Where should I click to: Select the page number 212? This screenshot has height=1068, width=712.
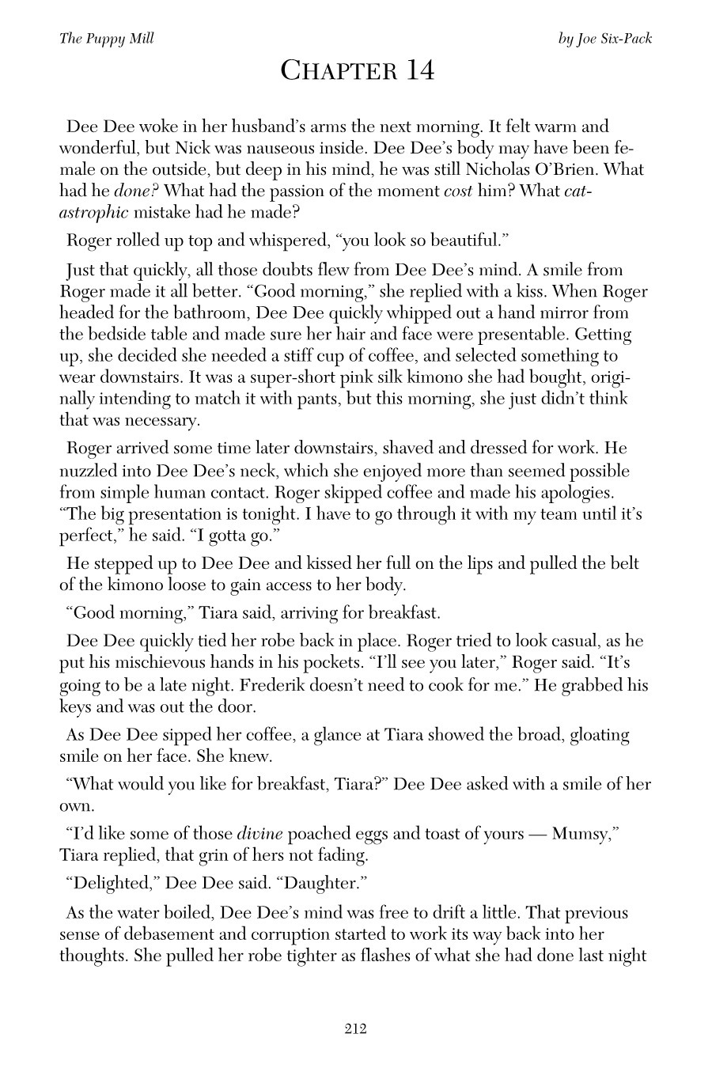click(355, 1028)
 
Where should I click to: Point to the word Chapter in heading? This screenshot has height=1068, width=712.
click(332, 71)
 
